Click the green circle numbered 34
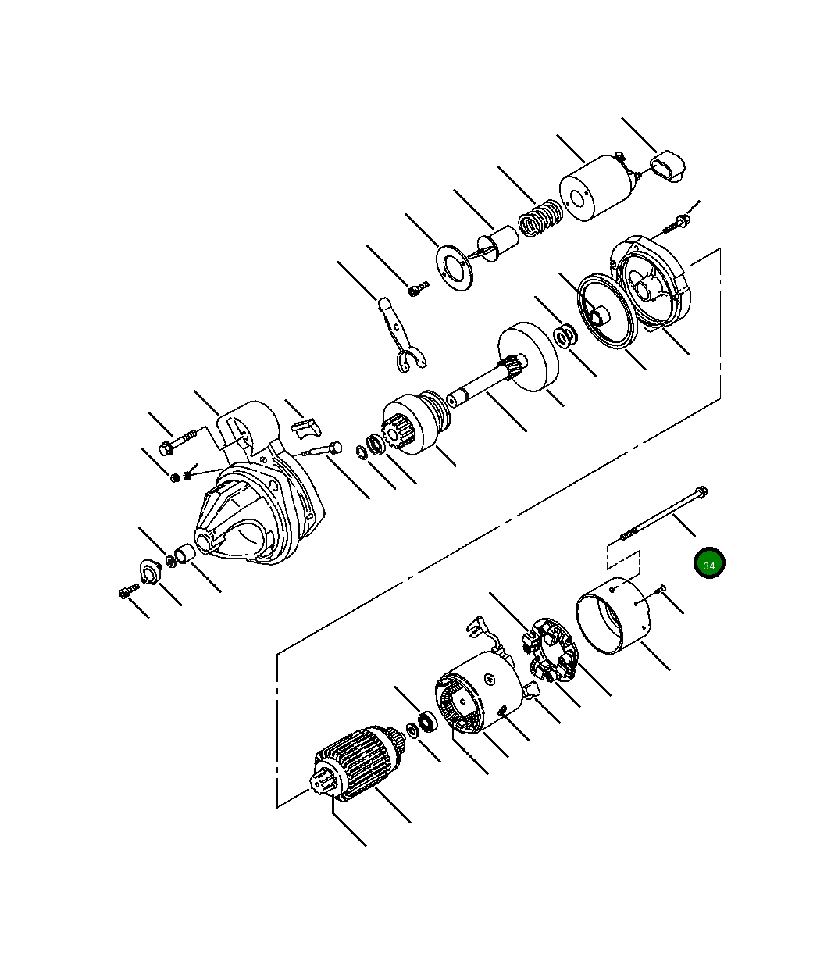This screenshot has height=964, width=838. click(x=709, y=562)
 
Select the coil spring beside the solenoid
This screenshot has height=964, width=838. click(x=540, y=218)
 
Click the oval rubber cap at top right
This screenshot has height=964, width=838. click(x=668, y=166)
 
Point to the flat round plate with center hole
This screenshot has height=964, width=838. click(x=454, y=268)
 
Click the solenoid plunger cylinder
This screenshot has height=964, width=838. click(x=498, y=243)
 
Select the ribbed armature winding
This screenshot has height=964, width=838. click(x=355, y=763)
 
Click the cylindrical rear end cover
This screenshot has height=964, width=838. click(x=612, y=616)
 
